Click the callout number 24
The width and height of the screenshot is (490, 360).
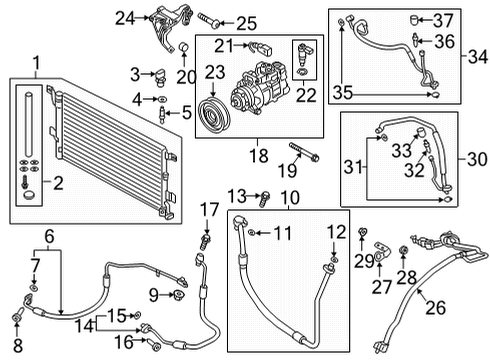[125, 18]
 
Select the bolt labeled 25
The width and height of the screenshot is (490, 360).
[209, 19]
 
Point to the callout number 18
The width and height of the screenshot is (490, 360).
[259, 155]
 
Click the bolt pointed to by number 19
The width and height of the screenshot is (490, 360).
[304, 151]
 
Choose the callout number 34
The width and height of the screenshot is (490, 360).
[478, 56]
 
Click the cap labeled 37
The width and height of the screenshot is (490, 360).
[414, 20]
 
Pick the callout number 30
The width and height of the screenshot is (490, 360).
[477, 159]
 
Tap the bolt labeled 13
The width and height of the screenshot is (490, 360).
[265, 198]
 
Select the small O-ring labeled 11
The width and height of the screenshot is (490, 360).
[252, 232]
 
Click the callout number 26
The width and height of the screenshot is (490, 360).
[435, 307]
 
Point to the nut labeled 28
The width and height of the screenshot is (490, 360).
[403, 250]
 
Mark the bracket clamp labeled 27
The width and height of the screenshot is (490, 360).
[381, 251]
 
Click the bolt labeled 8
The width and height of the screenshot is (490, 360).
[18, 315]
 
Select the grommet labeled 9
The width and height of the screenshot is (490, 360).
[179, 295]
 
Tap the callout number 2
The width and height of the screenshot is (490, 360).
[58, 183]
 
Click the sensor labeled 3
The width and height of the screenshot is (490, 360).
[160, 77]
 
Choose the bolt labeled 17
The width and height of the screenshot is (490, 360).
[206, 242]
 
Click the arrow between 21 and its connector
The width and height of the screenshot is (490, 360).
[241, 45]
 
